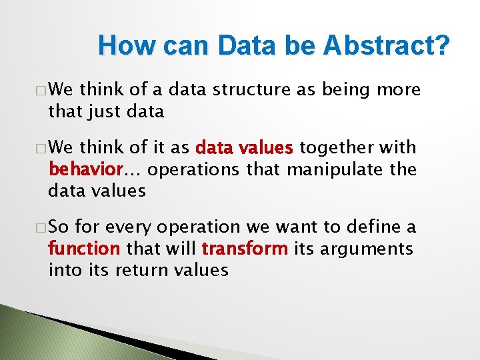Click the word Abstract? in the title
tap(387, 46)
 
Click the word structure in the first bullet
tap(250, 89)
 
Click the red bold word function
tap(83, 249)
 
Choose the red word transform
tap(245, 249)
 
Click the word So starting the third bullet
tap(58, 227)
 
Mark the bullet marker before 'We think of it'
tap(41, 148)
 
